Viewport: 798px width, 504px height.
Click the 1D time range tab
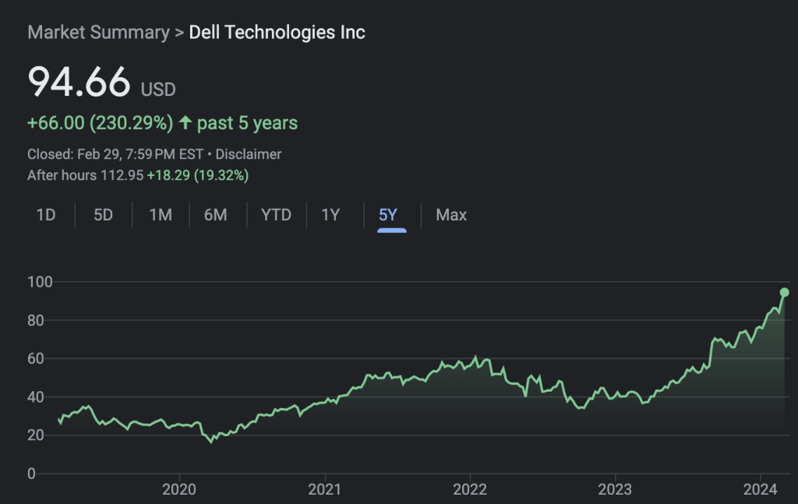[x=46, y=215]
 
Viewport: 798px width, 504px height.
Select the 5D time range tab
[x=103, y=215]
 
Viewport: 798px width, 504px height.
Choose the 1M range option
[x=161, y=215]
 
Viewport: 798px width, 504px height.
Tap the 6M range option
[x=216, y=215]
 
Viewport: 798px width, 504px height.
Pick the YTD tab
[x=276, y=215]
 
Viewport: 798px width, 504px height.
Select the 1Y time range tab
[x=330, y=215]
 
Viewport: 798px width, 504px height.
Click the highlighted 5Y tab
[x=388, y=215]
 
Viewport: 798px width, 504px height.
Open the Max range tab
[x=451, y=215]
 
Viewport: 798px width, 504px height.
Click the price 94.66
[x=79, y=82]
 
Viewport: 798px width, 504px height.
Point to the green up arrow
[x=185, y=122]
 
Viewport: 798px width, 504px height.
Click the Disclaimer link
[x=249, y=154]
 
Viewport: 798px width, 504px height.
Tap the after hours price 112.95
[x=122, y=175]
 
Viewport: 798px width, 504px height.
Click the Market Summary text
[x=98, y=33]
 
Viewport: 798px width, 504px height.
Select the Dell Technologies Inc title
[x=277, y=33]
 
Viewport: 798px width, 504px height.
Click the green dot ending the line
[x=785, y=292]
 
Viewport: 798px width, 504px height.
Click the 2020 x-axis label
[x=179, y=489]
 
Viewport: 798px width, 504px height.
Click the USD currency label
[x=158, y=90]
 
